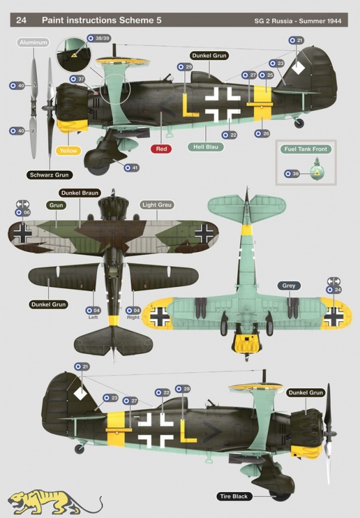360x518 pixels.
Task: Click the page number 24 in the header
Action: tap(21, 20)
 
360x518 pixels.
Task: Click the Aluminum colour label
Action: tap(33, 42)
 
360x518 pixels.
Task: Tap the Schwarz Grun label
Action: tap(49, 175)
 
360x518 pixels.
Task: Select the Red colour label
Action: tap(161, 149)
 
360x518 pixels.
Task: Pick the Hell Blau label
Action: tap(205, 147)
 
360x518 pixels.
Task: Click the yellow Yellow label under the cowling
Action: tap(69, 151)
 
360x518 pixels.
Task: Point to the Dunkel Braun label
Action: tap(80, 193)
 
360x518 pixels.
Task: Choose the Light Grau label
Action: tap(157, 205)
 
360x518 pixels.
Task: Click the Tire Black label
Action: tap(234, 496)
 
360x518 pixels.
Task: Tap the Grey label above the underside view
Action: tap(289, 286)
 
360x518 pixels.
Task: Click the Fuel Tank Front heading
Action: tap(306, 149)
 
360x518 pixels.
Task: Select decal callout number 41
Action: tap(131, 168)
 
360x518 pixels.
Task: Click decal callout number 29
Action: tap(185, 67)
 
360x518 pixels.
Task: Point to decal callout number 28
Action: tap(183, 389)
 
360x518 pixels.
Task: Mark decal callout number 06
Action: tap(23, 213)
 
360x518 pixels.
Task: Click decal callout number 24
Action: tap(333, 289)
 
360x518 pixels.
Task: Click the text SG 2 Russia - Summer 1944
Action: tap(298, 21)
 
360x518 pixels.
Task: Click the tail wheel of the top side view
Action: tap(299, 123)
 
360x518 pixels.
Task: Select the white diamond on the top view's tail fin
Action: tap(298, 67)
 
